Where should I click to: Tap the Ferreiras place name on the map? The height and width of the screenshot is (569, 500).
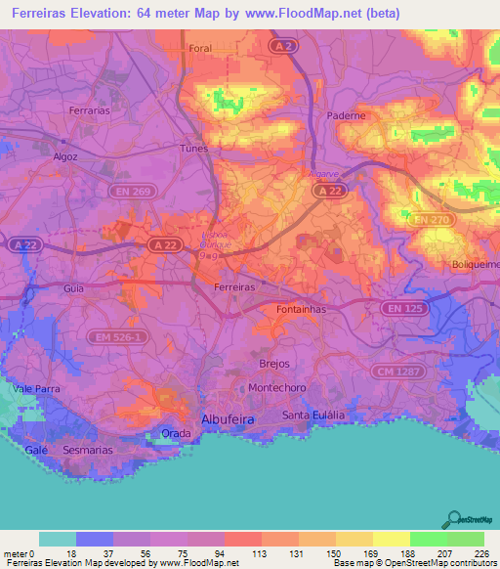pyautogui.click(x=234, y=287)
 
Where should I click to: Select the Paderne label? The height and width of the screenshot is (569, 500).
pyautogui.click(x=346, y=114)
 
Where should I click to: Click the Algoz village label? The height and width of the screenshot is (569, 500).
pyautogui.click(x=66, y=155)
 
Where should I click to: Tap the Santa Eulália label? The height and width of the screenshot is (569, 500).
pyautogui.click(x=313, y=416)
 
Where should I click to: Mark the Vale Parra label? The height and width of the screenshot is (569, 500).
pyautogui.click(x=36, y=389)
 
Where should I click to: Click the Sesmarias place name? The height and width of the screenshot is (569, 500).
pyautogui.click(x=89, y=451)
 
